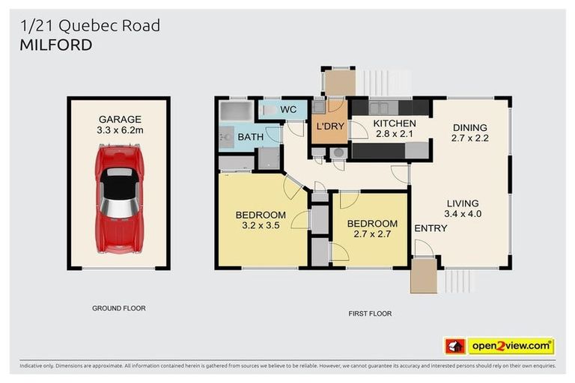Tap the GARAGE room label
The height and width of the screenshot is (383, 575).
pyautogui.click(x=120, y=119)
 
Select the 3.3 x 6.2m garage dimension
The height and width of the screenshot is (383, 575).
pyautogui.click(x=120, y=129)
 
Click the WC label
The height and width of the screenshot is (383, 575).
pyautogui.click(x=288, y=110)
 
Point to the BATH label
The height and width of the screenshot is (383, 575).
pyautogui.click(x=250, y=138)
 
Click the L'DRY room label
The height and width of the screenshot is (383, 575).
pyautogui.click(x=329, y=126)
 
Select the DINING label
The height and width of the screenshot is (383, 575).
pyautogui.click(x=469, y=127)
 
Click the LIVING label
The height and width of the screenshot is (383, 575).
pyautogui.click(x=463, y=203)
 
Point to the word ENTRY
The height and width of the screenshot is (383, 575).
pyautogui.click(x=431, y=228)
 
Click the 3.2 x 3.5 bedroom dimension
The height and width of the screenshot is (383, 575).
pyautogui.click(x=261, y=224)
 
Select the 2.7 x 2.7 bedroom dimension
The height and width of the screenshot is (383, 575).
pyautogui.click(x=372, y=233)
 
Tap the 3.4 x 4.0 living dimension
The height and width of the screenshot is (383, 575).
pyautogui.click(x=463, y=213)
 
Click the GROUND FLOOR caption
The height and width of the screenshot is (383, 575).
pyautogui.click(x=118, y=307)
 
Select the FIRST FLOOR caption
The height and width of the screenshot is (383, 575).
pyautogui.click(x=370, y=313)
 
